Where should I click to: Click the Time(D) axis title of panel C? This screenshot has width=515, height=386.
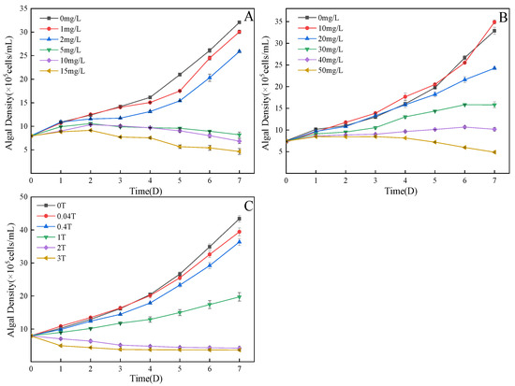138,379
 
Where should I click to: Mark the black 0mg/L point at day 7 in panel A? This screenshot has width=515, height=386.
239,22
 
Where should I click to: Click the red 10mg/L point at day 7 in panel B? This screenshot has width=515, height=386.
493,21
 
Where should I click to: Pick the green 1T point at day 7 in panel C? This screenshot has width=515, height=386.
239,296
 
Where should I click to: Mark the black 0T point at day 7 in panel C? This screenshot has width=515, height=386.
239,219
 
